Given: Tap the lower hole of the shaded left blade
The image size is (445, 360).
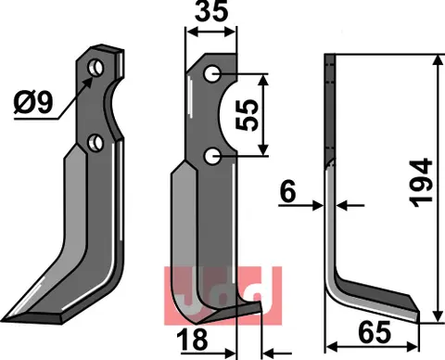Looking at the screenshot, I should [95, 141].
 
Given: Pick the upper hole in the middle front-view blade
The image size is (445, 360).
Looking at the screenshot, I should [212, 74].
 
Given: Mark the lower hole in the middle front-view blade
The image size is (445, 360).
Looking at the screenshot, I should [213, 158].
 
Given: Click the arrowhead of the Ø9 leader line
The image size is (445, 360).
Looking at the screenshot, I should [91, 79].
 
